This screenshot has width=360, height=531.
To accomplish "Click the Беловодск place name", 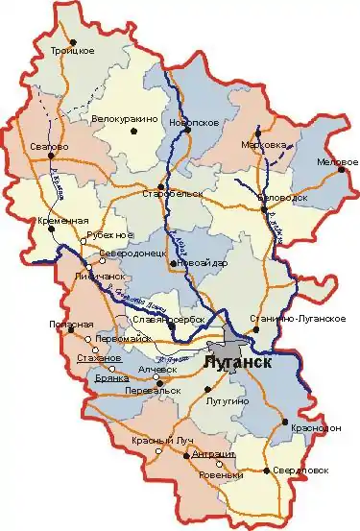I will click(x=277, y=196).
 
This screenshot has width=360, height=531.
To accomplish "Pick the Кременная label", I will click(x=69, y=221).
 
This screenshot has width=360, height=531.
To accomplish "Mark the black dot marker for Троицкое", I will click(x=74, y=41).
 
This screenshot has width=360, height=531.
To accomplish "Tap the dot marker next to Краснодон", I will click(x=285, y=422).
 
